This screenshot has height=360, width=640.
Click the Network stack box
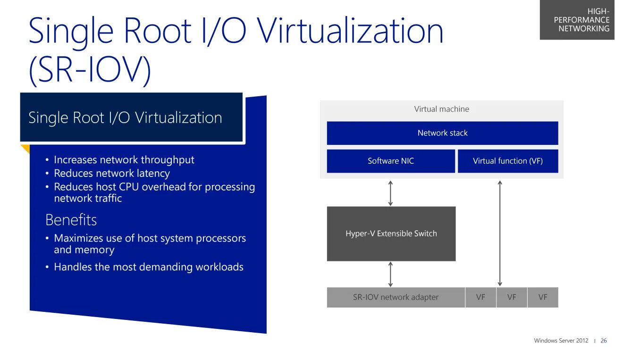pyautogui.click(x=442, y=133)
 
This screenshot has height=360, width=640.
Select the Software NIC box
pyautogui.click(x=391, y=161)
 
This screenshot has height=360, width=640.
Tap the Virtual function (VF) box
pyautogui.click(x=508, y=161)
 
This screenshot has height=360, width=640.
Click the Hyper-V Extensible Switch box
pyautogui.click(x=391, y=234)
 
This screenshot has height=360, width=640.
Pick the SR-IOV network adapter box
pyautogui.click(x=396, y=297)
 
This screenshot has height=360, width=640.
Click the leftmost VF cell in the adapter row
pyautogui.click(x=480, y=297)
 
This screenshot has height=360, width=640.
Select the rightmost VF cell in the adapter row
pyautogui.click(x=543, y=297)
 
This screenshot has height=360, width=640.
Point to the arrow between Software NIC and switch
pyautogui.click(x=390, y=193)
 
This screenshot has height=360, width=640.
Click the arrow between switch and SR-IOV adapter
pyautogui.click(x=390, y=274)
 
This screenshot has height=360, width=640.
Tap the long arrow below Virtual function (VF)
pyautogui.click(x=500, y=233)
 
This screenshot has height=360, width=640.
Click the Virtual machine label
pyautogui.click(x=442, y=109)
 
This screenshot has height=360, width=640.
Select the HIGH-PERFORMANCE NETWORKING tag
pyautogui.click(x=581, y=20)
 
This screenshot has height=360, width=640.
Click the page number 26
pyautogui.click(x=604, y=341)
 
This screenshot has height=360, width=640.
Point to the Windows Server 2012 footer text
pyautogui.click(x=561, y=341)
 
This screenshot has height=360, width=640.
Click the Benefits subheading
pyautogui.click(x=71, y=220)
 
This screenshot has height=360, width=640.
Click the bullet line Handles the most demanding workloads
pyautogui.click(x=149, y=267)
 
